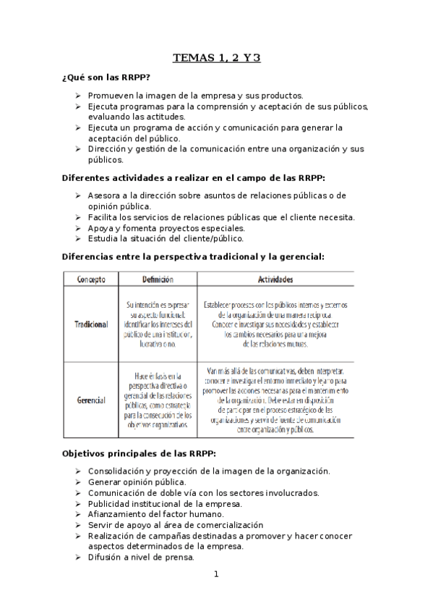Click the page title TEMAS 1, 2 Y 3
[x=216, y=59]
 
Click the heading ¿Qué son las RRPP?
[x=106, y=77]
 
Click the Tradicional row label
[x=91, y=325]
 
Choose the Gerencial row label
[x=91, y=400]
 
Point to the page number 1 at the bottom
[x=215, y=575]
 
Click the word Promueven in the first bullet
[x=110, y=96]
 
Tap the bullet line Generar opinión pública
[x=137, y=481]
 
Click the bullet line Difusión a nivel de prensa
[x=141, y=558]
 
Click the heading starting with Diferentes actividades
[x=194, y=177]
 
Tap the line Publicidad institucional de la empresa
[x=165, y=503]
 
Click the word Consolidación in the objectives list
[x=119, y=471]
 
